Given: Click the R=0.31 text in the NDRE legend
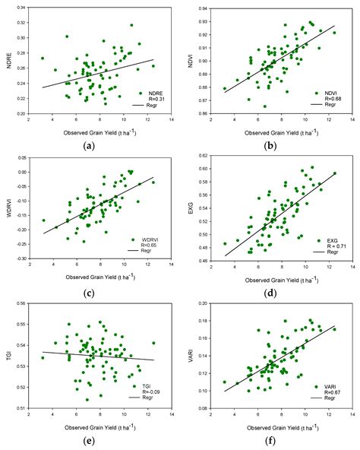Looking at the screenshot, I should pyautogui.click(x=147, y=98).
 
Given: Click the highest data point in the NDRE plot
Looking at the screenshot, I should pyautogui.click(x=131, y=25).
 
